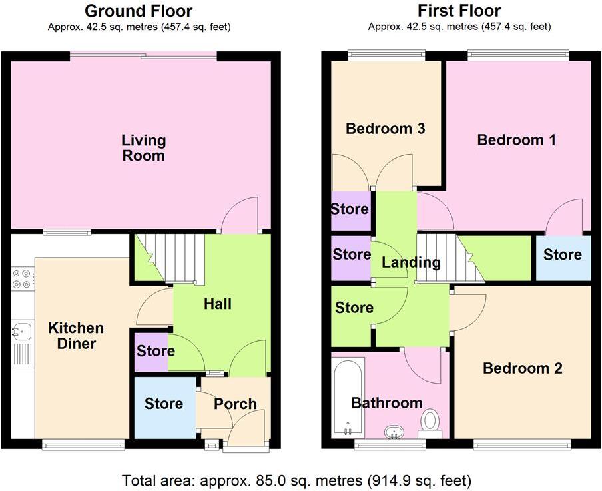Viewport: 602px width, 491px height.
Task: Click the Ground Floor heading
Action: [x=139, y=11]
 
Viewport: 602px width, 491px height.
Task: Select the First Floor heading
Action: [x=459, y=11]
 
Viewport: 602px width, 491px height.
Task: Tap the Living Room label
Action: [x=143, y=148]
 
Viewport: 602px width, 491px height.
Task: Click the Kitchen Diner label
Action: [x=76, y=336]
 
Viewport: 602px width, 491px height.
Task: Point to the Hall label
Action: [x=218, y=304]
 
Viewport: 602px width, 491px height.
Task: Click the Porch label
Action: [x=235, y=404]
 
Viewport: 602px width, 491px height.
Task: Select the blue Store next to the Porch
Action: [x=164, y=404]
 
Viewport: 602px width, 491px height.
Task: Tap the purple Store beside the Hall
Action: [x=155, y=351]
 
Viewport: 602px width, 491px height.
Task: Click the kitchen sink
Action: [x=23, y=330]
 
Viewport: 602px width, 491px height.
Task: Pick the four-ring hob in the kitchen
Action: [x=21, y=278]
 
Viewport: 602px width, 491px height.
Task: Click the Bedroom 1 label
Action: [x=516, y=140]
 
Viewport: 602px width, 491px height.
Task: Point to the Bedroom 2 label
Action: [x=523, y=368]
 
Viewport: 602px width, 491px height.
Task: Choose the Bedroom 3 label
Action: [x=386, y=129]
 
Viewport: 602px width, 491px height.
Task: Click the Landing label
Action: [x=411, y=262]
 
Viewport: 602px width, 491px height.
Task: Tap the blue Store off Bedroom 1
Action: [x=562, y=255]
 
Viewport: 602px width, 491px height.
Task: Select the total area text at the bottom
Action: [x=297, y=480]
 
